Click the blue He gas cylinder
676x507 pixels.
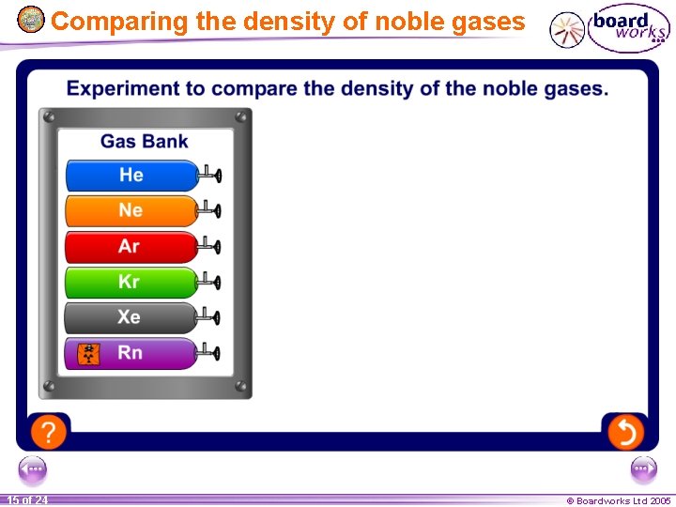coord(131,176)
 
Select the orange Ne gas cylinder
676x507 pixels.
coord(131,210)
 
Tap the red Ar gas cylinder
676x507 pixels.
coord(131,246)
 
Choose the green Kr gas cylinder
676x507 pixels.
coord(131,282)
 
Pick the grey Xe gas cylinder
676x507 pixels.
coord(131,317)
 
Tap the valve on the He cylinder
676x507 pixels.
coord(214,175)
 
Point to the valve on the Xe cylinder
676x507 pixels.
coord(214,317)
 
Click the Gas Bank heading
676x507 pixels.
coord(144,142)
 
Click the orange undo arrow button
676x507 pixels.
coord(625,432)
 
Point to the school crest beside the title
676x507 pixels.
coord(31,19)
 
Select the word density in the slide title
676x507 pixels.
coord(274,21)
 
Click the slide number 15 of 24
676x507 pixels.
coord(27,500)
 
